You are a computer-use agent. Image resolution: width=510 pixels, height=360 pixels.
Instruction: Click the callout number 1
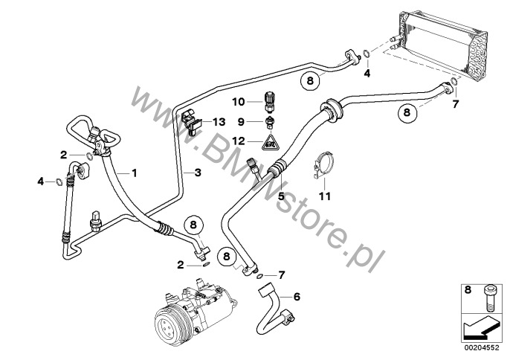point(135,173)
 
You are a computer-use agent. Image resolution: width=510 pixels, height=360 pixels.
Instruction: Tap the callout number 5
point(280,196)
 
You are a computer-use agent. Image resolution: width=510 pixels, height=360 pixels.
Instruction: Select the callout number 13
point(217,121)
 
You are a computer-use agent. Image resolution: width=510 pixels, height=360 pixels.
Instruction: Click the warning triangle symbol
point(274,140)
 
